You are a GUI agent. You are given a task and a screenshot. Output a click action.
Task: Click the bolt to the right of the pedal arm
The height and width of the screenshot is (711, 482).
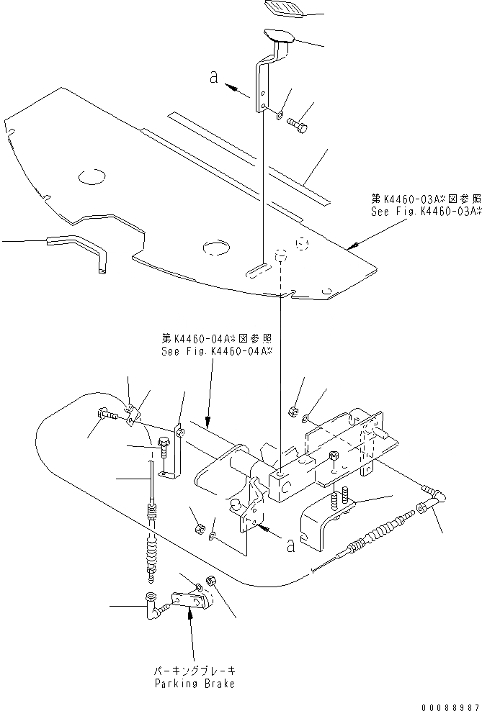(x=299, y=127)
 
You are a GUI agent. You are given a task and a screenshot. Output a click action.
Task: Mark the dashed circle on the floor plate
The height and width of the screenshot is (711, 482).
(x=303, y=245)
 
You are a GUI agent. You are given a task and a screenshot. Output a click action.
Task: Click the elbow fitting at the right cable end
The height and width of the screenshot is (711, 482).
(x=435, y=494)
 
